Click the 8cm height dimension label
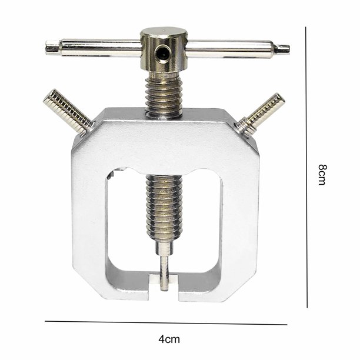322,175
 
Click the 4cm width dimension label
169,339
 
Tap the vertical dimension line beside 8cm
306,167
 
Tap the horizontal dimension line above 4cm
166,323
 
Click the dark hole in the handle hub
162,54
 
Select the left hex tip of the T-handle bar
52,47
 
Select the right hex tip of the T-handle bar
282,49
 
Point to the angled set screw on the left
68,112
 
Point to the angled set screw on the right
261,115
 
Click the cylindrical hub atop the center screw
164,49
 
